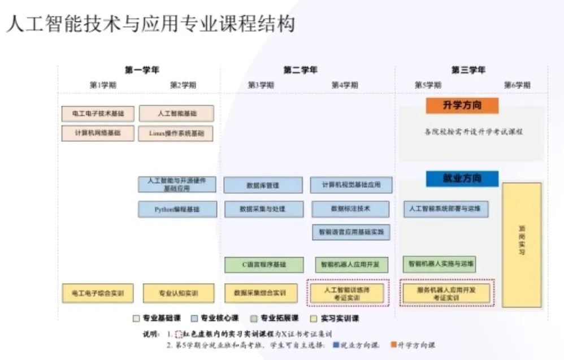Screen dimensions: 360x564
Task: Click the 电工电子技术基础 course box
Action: (x=98, y=114)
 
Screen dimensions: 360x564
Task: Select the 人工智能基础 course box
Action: (x=176, y=114)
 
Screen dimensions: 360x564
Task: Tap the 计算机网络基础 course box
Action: (x=98, y=133)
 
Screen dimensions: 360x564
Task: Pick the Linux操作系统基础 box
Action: (x=176, y=134)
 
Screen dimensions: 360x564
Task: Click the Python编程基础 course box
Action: (x=177, y=209)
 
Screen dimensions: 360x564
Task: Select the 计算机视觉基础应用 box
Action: (x=350, y=185)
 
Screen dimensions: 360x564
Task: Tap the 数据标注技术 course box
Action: (x=350, y=209)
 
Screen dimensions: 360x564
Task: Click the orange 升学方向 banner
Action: (x=462, y=106)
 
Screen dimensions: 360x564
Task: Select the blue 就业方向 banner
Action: (x=462, y=179)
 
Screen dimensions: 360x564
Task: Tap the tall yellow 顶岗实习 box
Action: (x=521, y=245)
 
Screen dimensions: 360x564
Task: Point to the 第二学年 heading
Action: (x=300, y=70)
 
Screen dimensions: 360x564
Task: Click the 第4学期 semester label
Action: (x=344, y=85)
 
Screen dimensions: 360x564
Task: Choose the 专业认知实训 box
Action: (x=179, y=293)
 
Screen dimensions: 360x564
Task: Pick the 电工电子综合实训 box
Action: (x=98, y=293)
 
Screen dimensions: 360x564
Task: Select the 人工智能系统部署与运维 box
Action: (x=446, y=209)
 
